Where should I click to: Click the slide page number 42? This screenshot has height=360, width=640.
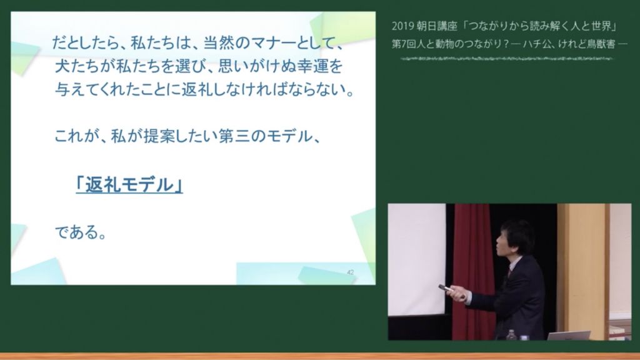pyautogui.click(x=350, y=272)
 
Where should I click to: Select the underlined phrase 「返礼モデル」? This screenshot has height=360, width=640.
pyautogui.click(x=129, y=185)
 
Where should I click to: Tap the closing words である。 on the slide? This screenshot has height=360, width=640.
pyautogui.click(x=81, y=232)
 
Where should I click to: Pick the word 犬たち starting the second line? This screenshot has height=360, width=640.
pyautogui.click(x=77, y=66)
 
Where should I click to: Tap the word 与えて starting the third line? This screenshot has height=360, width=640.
pyautogui.click(x=77, y=89)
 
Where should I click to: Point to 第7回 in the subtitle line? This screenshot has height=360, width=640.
pyautogui.click(x=402, y=44)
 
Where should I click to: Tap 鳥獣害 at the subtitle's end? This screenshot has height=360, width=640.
pyautogui.click(x=601, y=44)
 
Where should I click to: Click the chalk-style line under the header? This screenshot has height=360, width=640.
pyautogui.click(x=506, y=59)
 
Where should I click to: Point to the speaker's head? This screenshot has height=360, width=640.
pyautogui.click(x=515, y=239)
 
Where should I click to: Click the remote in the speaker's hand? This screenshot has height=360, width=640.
pyautogui.click(x=446, y=289)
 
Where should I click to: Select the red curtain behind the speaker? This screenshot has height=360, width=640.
pyautogui.click(x=472, y=271)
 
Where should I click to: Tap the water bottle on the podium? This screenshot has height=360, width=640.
pyautogui.click(x=511, y=335)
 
